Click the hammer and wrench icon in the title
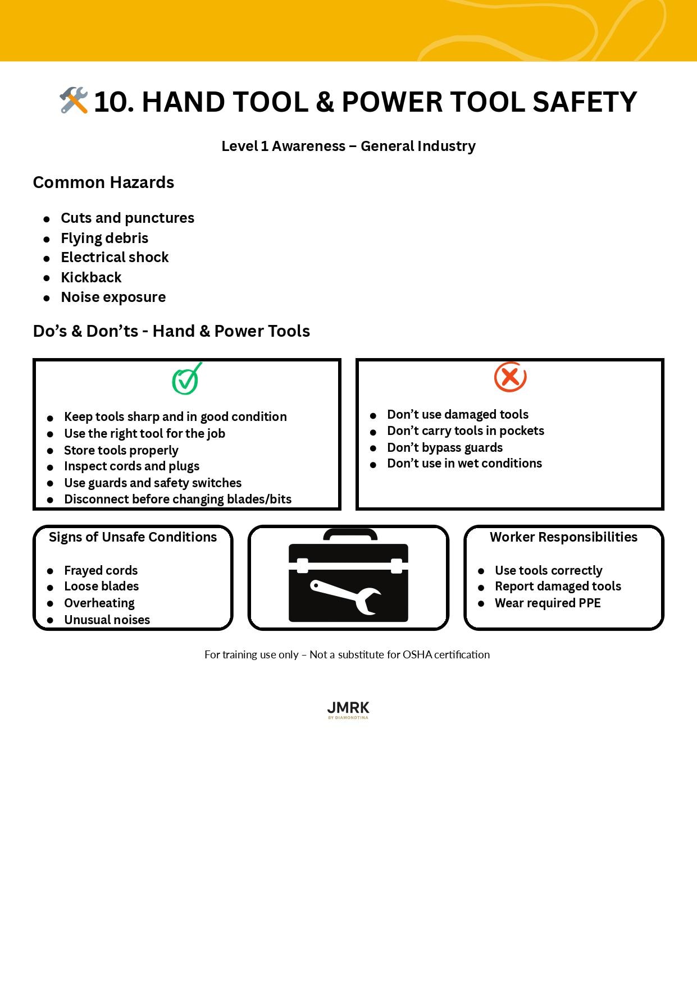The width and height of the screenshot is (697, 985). [74, 100]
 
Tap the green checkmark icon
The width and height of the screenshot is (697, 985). [186, 379]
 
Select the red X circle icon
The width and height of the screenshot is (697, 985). [510, 377]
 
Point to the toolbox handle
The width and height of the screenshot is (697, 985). [350, 534]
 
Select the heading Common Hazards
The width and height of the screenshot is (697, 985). [103, 182]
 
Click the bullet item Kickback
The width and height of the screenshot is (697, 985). [91, 277]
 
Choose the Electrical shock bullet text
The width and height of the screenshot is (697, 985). [115, 257]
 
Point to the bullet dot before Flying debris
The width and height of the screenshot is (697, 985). [47, 239]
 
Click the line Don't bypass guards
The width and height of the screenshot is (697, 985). [445, 447]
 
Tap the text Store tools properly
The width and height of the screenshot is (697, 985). [121, 450]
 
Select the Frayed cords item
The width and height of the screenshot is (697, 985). [101, 570]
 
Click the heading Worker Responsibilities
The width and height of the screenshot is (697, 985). [563, 537]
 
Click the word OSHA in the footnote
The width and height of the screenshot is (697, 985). [417, 654]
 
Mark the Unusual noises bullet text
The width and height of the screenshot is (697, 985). [107, 620]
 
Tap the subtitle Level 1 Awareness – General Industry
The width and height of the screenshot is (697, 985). [348, 146]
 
